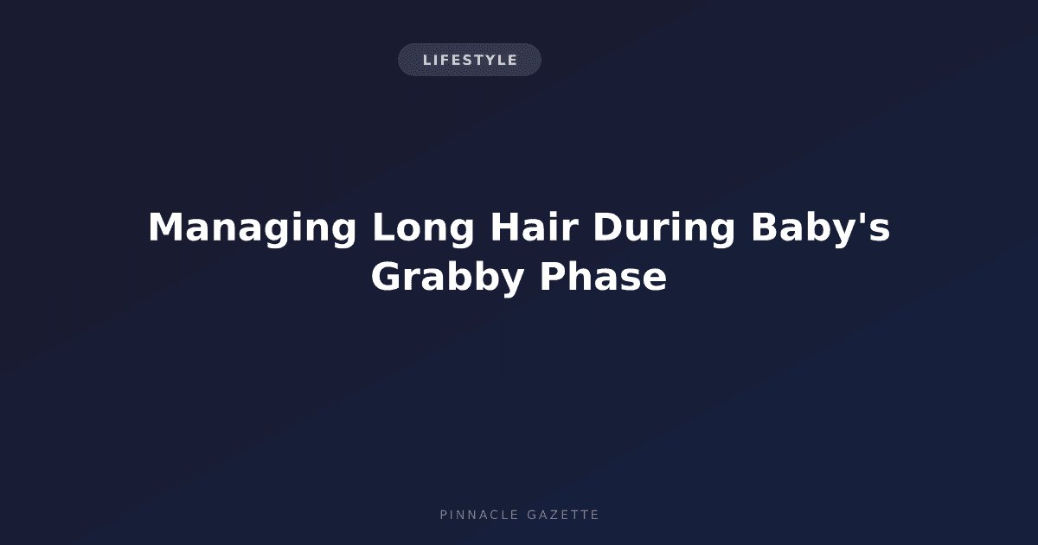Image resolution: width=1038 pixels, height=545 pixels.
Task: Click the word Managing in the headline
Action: click(252, 229)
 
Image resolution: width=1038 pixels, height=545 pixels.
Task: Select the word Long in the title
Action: click(423, 229)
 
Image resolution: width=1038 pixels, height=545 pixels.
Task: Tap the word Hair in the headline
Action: click(535, 227)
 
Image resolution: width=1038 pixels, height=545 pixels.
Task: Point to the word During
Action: click(664, 229)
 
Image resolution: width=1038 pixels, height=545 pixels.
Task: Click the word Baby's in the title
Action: click(820, 229)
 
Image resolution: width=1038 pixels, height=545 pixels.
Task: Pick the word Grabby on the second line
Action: click(447, 278)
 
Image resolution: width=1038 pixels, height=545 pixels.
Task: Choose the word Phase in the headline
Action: click(604, 277)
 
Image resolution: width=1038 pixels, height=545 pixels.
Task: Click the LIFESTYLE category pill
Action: click(470, 60)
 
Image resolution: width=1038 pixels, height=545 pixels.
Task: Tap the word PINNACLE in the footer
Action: click(479, 515)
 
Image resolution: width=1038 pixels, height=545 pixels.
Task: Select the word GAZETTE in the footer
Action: click(563, 515)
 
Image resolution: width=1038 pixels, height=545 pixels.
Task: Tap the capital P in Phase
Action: click(553, 276)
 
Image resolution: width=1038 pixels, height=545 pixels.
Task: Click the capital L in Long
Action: click(385, 227)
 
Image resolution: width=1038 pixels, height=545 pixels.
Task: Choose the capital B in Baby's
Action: click(764, 227)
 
